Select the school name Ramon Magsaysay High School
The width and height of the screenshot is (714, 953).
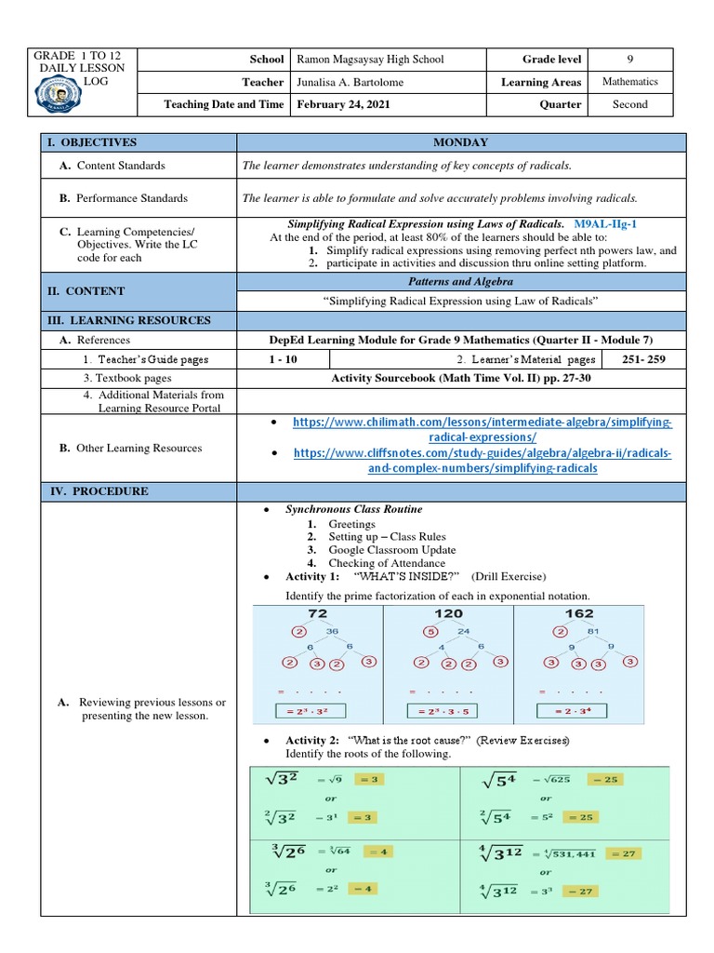click(x=369, y=60)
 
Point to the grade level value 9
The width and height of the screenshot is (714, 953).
click(x=629, y=60)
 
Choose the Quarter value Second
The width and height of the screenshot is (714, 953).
click(x=629, y=104)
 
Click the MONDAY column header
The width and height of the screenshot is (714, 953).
click(x=460, y=142)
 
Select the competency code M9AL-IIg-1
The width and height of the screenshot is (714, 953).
click(x=605, y=224)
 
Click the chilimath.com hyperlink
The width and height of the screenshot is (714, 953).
click(x=483, y=429)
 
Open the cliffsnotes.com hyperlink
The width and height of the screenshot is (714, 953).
click(x=483, y=461)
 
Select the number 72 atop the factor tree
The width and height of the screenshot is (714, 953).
click(x=318, y=614)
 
